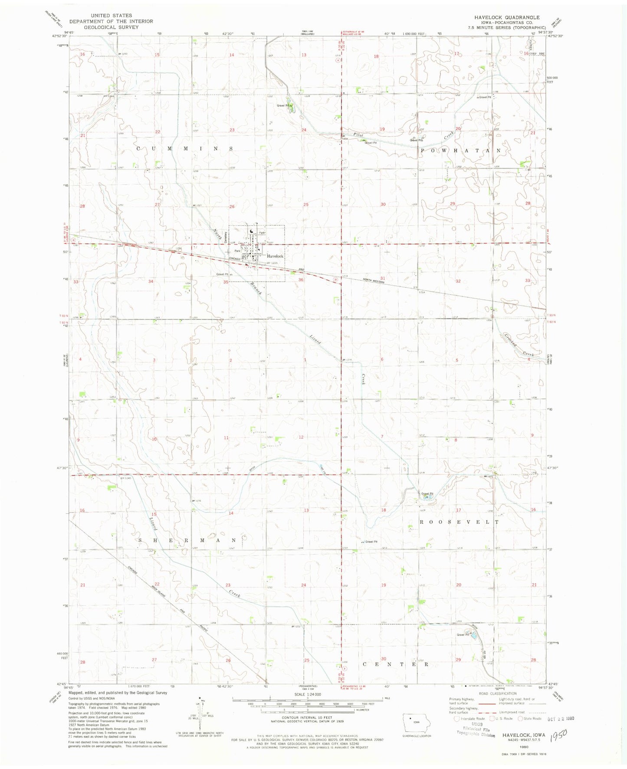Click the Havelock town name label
coord(275,256)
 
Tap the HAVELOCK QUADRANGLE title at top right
coord(507,17)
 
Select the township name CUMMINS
coord(185,149)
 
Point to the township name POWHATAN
coord(461,151)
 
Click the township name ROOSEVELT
coord(459,522)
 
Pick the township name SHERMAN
coord(187,540)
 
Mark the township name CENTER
coord(395,664)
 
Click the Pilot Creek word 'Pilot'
coord(358,135)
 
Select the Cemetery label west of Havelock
coord(227,236)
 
